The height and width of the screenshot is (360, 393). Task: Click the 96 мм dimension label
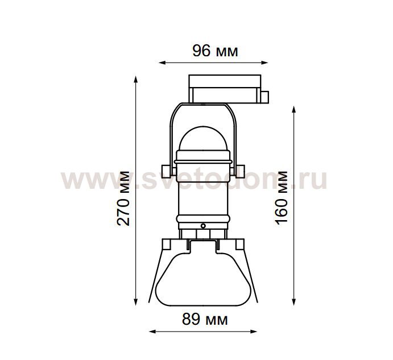coord(215,51)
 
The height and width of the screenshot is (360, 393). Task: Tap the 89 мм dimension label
coord(205,320)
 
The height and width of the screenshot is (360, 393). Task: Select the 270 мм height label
coord(123,198)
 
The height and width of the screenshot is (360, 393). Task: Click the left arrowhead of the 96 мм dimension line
coord(162,63)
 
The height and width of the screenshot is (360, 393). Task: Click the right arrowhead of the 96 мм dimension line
coord(265,63)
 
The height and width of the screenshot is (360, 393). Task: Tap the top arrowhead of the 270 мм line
coord(136,80)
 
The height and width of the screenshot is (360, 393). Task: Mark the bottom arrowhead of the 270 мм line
coord(136,302)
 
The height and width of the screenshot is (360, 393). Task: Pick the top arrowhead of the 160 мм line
coord(294,110)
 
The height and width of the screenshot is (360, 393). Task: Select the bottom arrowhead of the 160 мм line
coord(294,302)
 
